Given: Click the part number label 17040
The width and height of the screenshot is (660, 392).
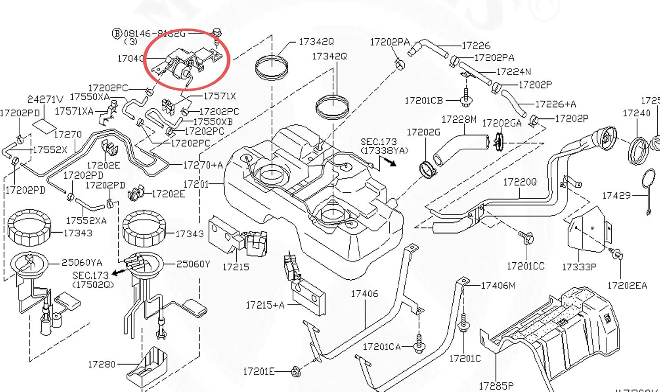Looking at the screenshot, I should [130, 58].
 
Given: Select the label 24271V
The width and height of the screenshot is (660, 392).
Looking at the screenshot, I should [45, 100].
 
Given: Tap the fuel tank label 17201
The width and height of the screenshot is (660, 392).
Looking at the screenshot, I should [196, 184].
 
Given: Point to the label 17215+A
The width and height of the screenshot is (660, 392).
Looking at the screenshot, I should [265, 304].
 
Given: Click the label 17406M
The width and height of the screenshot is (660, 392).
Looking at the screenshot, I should [498, 286].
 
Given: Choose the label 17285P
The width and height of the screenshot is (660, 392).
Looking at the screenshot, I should [496, 386].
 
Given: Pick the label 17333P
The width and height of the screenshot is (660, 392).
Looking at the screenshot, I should [579, 267].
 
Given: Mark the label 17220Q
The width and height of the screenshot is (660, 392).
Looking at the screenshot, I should [520, 182].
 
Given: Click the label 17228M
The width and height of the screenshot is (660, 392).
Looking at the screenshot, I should [458, 119].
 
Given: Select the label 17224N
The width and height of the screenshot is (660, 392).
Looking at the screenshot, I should [513, 71].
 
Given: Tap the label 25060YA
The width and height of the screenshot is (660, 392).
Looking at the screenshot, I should [82, 262].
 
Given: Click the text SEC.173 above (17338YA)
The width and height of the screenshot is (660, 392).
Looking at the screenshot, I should [378, 142].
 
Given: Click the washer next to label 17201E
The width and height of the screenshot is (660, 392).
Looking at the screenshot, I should [297, 372].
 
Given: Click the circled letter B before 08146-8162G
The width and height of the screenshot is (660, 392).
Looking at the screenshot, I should [117, 33].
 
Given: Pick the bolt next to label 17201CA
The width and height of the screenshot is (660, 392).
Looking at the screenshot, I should [418, 347].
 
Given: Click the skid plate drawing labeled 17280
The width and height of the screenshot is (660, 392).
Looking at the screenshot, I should [148, 366].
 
